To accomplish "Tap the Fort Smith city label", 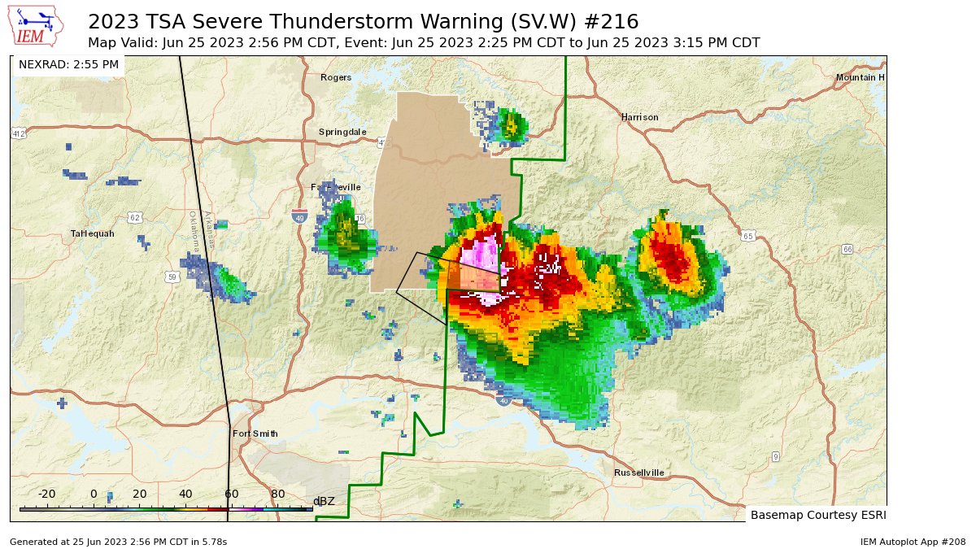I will tap(255, 434).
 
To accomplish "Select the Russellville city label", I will tap(638, 473).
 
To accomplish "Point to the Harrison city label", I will tap(639, 117).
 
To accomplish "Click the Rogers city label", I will tap(336, 77).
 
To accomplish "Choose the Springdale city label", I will tap(342, 132).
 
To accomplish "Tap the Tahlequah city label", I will tap(92, 233).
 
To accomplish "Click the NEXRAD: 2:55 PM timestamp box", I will tap(68, 64).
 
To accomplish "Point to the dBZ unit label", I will tap(324, 501).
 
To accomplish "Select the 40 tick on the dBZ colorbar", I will tap(185, 494).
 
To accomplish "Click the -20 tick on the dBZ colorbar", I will tap(47, 494).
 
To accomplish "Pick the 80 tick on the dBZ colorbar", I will tap(277, 494).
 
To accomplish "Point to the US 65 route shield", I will tap(748, 236).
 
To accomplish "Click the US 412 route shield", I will tap(18, 133).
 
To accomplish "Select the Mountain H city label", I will tap(860, 77).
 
